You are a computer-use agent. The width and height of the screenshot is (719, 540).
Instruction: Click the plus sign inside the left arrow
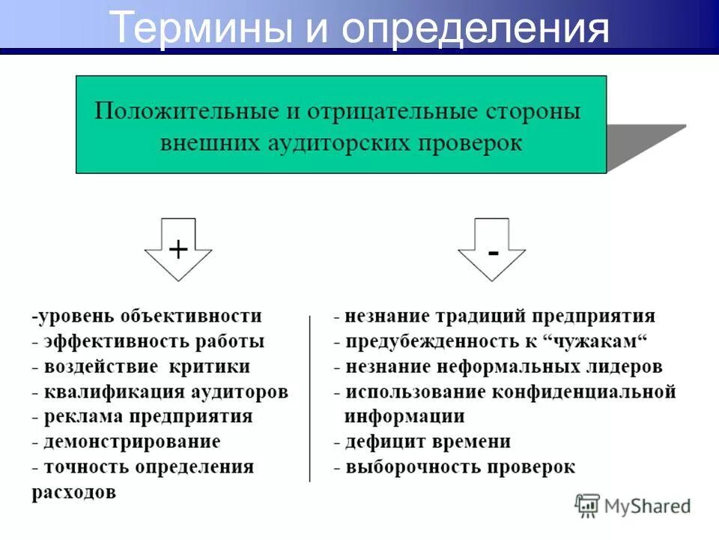click(x=178, y=249)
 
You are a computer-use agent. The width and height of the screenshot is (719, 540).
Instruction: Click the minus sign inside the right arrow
click(x=492, y=253)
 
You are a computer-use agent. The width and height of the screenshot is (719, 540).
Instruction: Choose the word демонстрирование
click(x=132, y=442)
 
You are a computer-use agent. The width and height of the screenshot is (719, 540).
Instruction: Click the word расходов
click(x=73, y=493)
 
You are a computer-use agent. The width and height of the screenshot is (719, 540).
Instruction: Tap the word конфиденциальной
click(x=584, y=391)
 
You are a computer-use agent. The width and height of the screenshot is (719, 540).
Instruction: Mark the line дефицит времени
click(x=427, y=442)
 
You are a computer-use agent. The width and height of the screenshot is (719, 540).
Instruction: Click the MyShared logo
click(x=633, y=506)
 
